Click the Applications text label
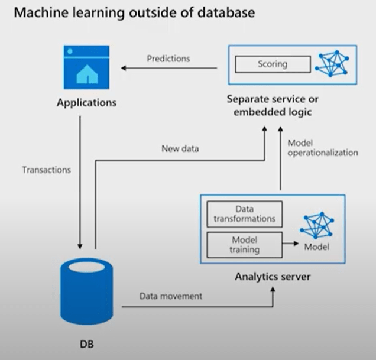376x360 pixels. pyautogui.click(x=86, y=103)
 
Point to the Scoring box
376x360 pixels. pyautogui.click(x=273, y=64)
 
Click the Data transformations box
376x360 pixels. pyautogui.click(x=243, y=214)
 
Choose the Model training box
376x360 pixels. pyautogui.click(x=243, y=245)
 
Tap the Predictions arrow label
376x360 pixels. pyautogui.click(x=168, y=59)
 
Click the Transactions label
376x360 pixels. pyautogui.click(x=46, y=170)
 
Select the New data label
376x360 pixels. pyautogui.click(x=180, y=149)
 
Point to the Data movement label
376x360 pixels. pyautogui.click(x=171, y=296)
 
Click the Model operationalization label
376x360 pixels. pyautogui.click(x=322, y=148)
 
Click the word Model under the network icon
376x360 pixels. pyautogui.click(x=317, y=247)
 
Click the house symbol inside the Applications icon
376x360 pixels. pyautogui.click(x=86, y=74)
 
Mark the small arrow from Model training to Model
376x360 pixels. pyautogui.click(x=290, y=242)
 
